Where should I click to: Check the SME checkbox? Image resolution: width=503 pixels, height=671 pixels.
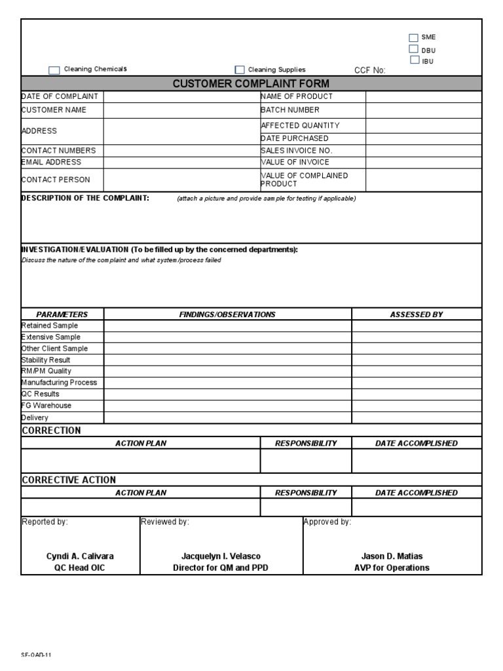pyautogui.click(x=413, y=38)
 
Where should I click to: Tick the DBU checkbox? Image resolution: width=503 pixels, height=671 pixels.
pyautogui.click(x=413, y=49)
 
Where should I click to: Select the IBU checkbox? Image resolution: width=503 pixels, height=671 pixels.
pyautogui.click(x=414, y=60)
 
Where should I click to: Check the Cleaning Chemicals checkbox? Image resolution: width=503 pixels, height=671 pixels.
pyautogui.click(x=54, y=70)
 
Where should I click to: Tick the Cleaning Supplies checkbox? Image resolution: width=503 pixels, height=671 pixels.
pyautogui.click(x=240, y=70)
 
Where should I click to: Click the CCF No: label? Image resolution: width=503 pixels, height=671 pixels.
pyautogui.click(x=369, y=70)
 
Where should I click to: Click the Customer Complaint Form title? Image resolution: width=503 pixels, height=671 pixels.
pyautogui.click(x=251, y=84)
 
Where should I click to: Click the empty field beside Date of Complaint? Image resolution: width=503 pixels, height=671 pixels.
pyautogui.click(x=181, y=97)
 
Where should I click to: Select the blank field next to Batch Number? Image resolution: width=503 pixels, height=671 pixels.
pyautogui.click(x=423, y=111)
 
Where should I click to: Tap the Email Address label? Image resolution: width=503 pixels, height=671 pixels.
pyautogui.click(x=52, y=163)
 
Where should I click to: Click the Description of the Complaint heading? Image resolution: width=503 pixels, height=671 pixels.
pyautogui.click(x=86, y=198)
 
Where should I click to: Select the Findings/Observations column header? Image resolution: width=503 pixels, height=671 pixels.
pyautogui.click(x=227, y=315)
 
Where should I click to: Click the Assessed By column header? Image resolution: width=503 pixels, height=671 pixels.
pyautogui.click(x=417, y=315)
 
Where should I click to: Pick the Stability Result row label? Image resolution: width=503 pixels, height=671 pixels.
pyautogui.click(x=46, y=360)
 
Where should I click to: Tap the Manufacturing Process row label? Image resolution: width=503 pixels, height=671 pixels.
pyautogui.click(x=59, y=383)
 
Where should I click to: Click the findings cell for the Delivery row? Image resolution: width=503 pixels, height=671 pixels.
pyautogui.click(x=227, y=417)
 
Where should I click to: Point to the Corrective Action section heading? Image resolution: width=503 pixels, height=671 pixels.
pyautogui.click(x=69, y=480)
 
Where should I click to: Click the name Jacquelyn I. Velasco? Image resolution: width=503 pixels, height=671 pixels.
pyautogui.click(x=221, y=556)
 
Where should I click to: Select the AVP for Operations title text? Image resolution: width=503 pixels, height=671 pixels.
pyautogui.click(x=392, y=568)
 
